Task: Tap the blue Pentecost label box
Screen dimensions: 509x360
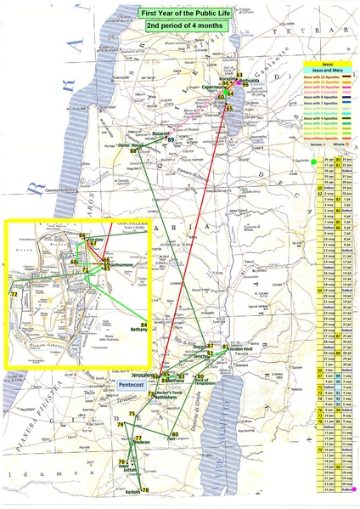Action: [x=128, y=385]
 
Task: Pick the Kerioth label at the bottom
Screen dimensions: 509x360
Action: [x=129, y=492]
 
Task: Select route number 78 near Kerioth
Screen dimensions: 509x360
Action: [x=145, y=491]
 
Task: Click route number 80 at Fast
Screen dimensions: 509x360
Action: [x=175, y=434]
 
